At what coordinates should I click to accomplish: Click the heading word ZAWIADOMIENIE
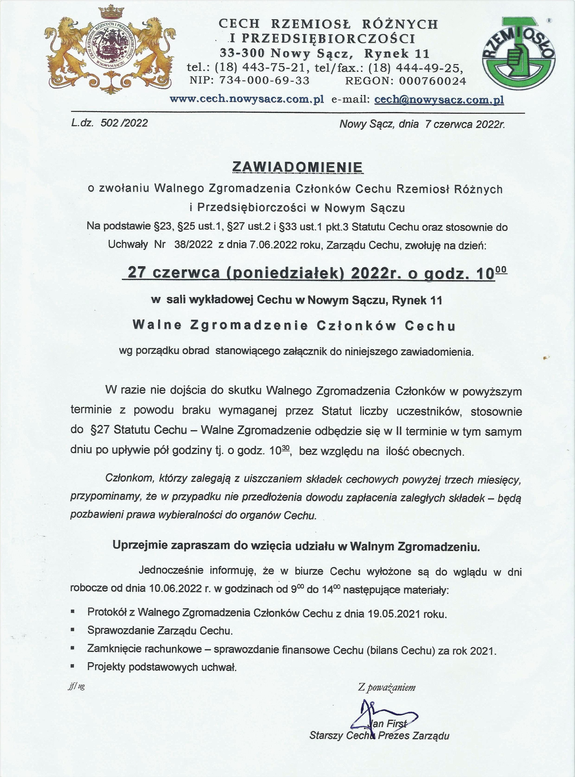(x=298, y=167)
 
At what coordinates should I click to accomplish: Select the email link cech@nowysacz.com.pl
(x=439, y=100)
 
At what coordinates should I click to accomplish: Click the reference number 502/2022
(x=124, y=123)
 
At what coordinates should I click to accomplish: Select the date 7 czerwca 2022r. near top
(x=465, y=124)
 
